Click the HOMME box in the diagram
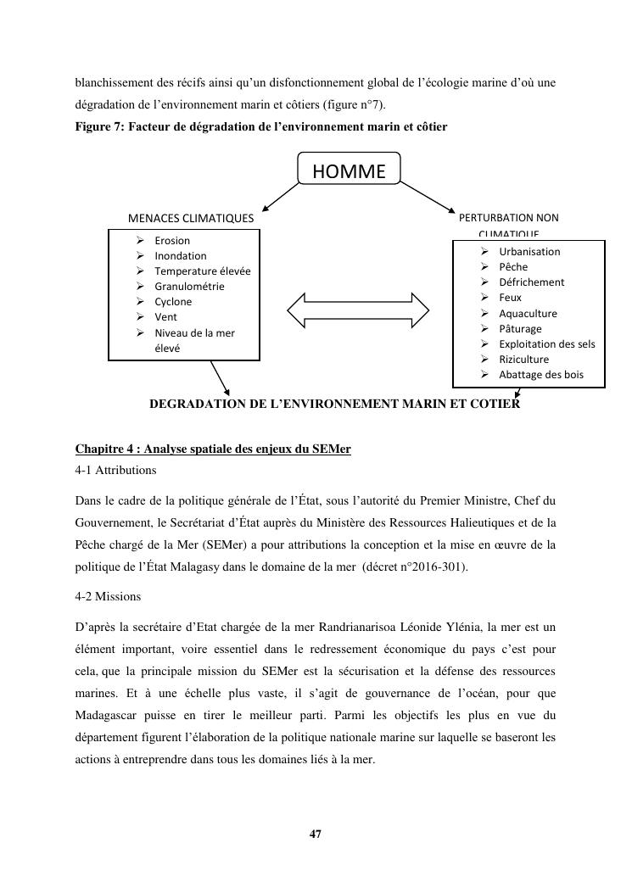(x=349, y=171)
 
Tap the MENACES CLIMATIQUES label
(x=190, y=219)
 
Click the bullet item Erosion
(x=172, y=241)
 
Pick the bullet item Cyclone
(x=173, y=302)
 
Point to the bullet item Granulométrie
(x=189, y=287)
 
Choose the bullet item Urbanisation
(x=529, y=252)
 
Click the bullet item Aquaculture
(x=528, y=313)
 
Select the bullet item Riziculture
(x=523, y=360)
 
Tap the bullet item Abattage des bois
(x=540, y=375)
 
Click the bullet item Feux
(x=511, y=298)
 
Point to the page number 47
(x=316, y=834)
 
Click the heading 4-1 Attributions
(x=115, y=470)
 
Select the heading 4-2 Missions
(x=108, y=597)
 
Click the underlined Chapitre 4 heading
(x=213, y=449)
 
